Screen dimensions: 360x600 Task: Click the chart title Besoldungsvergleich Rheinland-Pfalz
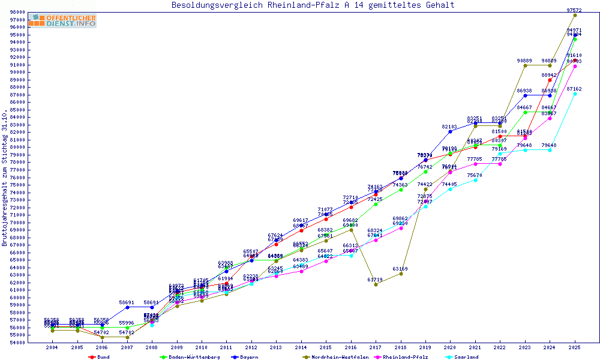(313, 5)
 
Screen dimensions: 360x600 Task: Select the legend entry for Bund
(103, 357)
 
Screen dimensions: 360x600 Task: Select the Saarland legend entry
(466, 357)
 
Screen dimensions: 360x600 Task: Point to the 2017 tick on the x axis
(376, 347)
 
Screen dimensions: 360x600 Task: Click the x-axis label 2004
(52, 347)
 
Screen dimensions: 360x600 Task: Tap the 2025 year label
(575, 347)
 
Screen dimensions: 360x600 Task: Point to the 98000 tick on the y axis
(17, 12)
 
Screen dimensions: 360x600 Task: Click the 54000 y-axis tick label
(17, 343)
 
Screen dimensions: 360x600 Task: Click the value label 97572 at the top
(574, 10)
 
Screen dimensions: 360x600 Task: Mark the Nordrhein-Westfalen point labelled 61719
(376, 284)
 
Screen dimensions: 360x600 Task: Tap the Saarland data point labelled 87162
(575, 94)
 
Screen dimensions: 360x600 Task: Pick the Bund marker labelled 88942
(550, 80)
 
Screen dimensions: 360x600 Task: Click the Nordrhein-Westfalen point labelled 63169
(401, 274)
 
